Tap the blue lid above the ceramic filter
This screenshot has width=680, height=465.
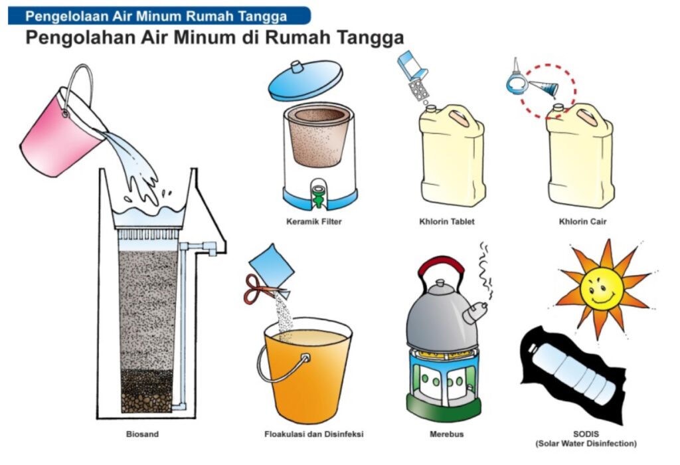point(305,80)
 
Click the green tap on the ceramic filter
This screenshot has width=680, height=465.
point(318,195)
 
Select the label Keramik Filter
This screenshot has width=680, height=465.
point(314,222)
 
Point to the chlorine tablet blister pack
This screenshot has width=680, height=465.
point(419,90)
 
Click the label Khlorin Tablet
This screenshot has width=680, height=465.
point(447,222)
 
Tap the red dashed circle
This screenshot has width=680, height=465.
point(549,92)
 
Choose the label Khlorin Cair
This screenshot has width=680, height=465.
point(582,222)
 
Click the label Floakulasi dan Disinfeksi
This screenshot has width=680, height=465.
point(314,434)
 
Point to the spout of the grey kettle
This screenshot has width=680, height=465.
point(475,312)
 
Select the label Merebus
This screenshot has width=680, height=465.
point(447,434)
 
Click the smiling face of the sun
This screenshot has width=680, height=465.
point(602,288)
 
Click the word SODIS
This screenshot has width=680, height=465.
point(586,434)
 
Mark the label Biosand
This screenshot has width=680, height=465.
point(142,434)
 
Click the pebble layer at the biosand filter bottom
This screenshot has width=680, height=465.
point(147,403)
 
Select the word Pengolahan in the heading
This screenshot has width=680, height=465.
point(80,37)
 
